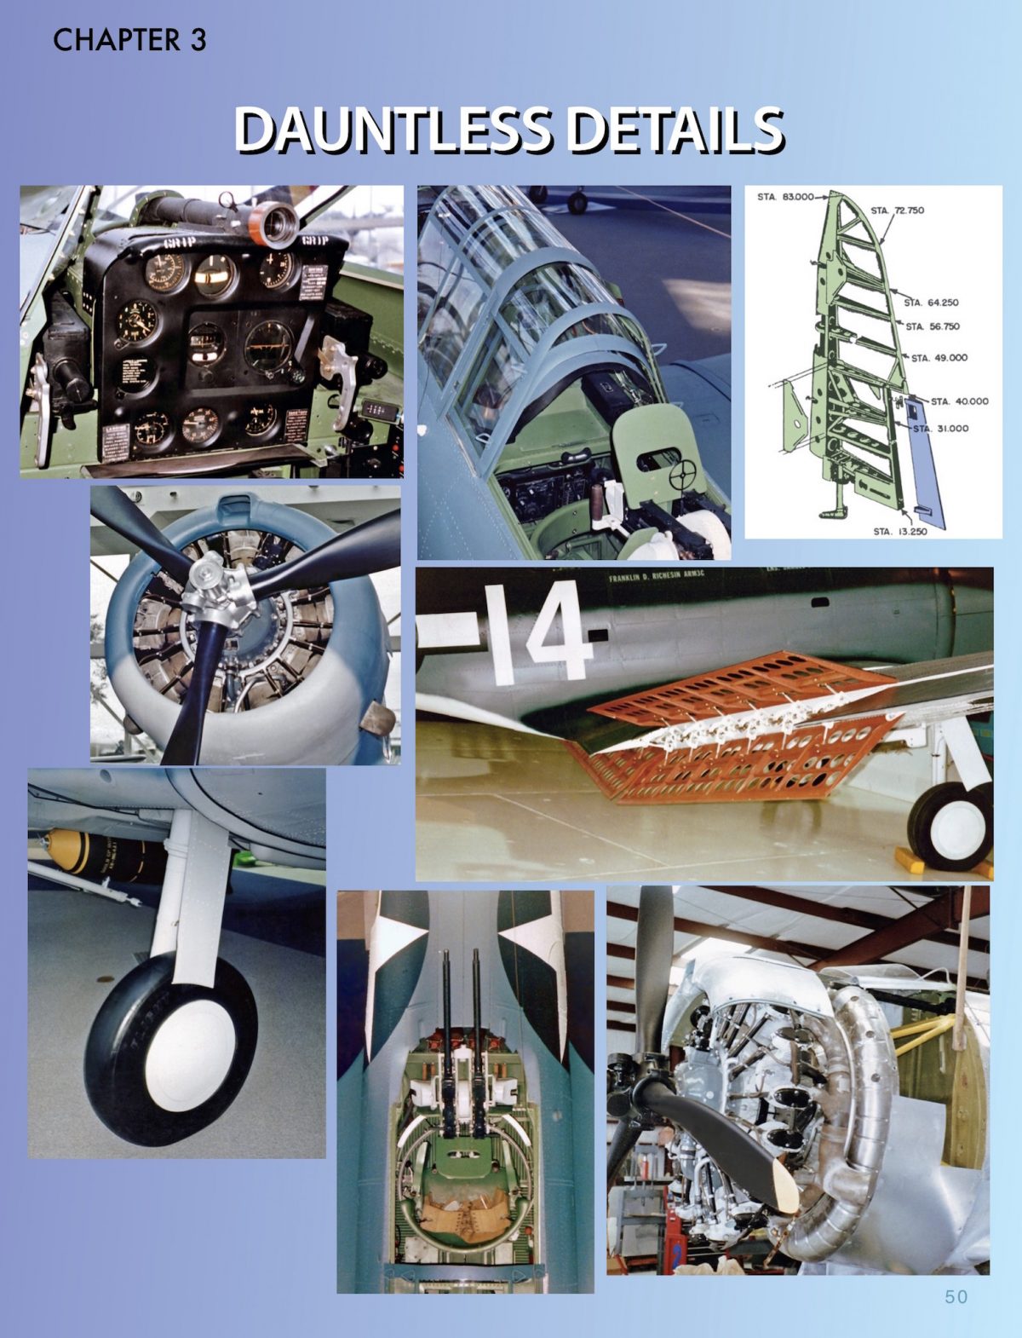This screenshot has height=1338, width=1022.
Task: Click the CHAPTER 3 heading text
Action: point(129,40)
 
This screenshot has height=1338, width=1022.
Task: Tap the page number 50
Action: point(956,1296)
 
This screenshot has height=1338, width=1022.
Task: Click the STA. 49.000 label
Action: point(939,358)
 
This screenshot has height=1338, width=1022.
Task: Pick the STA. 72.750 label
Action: point(898,211)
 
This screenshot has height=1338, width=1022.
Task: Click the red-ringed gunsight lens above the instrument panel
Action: point(278,222)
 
